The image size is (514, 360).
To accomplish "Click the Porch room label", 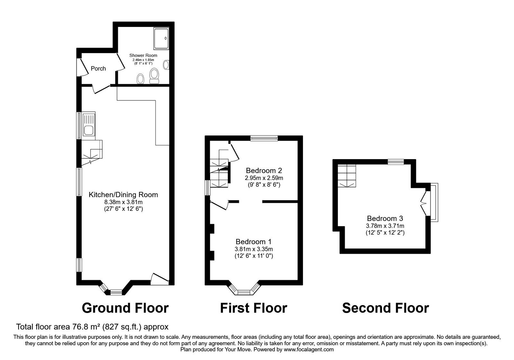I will pos(98,68).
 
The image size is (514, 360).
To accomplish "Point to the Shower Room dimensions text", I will pos(143,62).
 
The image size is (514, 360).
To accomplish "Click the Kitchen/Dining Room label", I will pos(123,194).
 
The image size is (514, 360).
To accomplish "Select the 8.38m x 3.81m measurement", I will pos(123,202).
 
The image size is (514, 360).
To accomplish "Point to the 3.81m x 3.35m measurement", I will pos(254,249).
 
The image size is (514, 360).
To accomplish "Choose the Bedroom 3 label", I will pos(385,219).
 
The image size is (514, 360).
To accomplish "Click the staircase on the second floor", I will pos(347,175).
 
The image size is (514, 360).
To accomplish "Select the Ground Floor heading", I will pos(125,308).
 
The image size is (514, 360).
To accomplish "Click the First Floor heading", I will pos(253,308).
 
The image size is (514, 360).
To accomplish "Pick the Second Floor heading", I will pos(385,308).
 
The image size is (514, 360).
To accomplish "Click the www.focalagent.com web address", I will pos(308,349).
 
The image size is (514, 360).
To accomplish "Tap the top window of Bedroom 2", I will pos(264,138).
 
